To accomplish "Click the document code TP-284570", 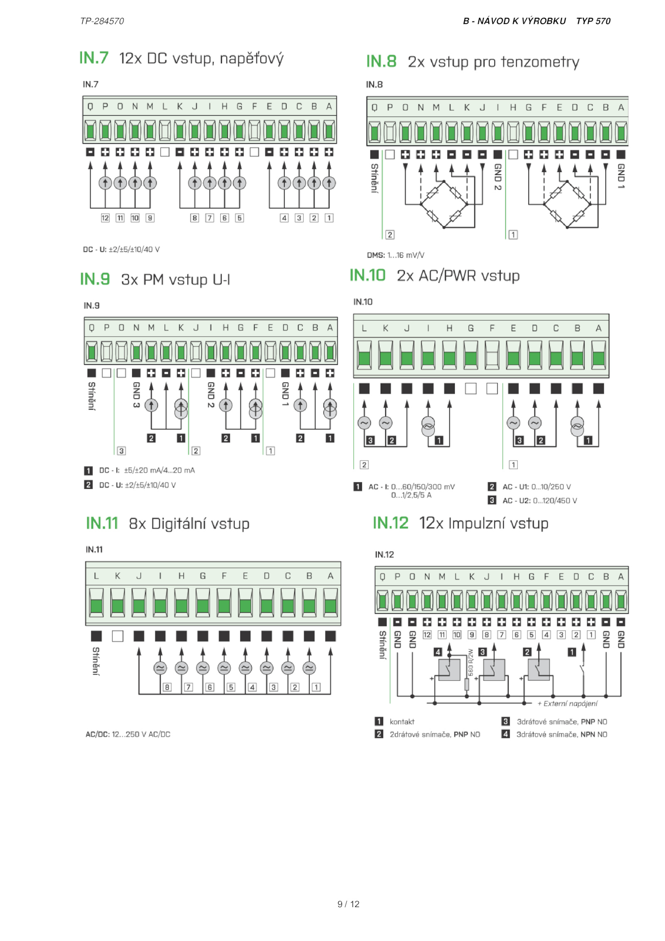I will [x=102, y=21].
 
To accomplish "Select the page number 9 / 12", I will [x=348, y=904].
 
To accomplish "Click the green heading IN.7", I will [x=94, y=58].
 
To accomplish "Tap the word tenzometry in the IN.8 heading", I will [x=540, y=62].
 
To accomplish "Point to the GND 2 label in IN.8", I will [x=498, y=177].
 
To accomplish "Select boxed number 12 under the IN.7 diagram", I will [x=105, y=218].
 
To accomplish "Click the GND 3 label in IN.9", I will [x=136, y=394].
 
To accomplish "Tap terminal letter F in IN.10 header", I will [x=492, y=328].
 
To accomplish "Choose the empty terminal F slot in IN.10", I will [x=492, y=355].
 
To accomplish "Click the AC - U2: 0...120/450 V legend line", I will [x=539, y=500].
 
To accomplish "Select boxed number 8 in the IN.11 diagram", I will [x=167, y=687].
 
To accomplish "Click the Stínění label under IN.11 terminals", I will [x=96, y=661].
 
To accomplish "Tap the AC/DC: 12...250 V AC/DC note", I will [x=128, y=734].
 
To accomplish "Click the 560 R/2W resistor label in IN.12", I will [x=470, y=663].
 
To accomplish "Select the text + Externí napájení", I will [x=567, y=703].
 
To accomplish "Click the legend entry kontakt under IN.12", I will [x=402, y=722].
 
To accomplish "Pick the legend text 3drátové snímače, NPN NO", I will [x=562, y=734].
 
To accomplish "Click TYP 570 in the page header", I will [x=593, y=21].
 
